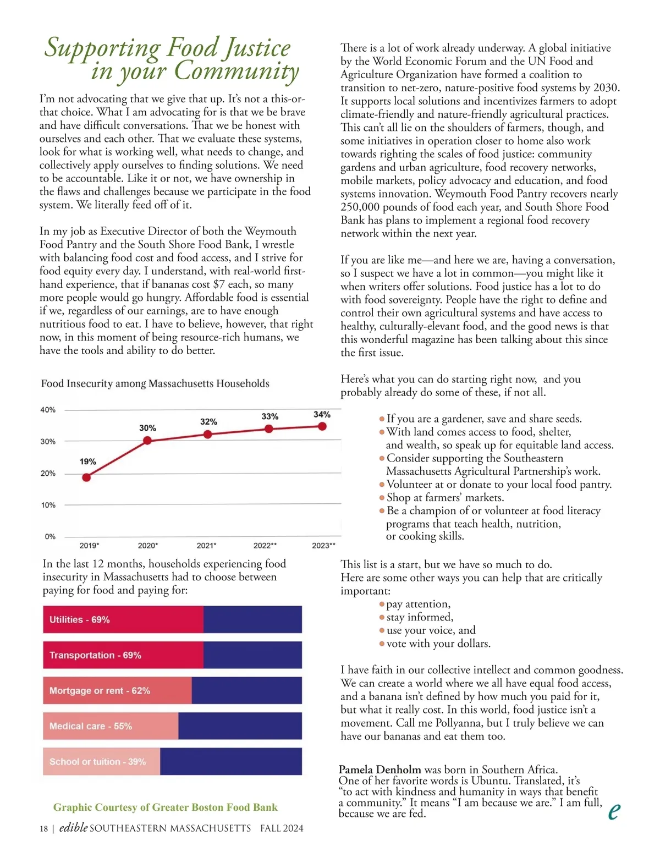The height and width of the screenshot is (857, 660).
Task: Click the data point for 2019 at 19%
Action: [86, 477]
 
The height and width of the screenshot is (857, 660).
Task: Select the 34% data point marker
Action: [322, 426]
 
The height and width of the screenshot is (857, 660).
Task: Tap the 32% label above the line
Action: [208, 422]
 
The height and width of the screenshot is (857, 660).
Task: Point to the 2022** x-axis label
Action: [265, 546]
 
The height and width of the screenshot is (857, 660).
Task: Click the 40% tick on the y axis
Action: [48, 410]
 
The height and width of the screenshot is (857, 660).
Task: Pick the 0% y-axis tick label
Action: [50, 537]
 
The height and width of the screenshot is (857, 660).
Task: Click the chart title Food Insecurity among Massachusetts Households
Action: [155, 383]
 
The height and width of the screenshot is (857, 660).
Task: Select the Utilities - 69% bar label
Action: [80, 620]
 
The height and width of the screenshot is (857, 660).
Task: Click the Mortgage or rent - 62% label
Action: [100, 691]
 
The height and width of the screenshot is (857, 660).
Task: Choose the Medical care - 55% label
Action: [91, 726]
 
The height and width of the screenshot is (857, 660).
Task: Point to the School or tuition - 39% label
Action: [97, 762]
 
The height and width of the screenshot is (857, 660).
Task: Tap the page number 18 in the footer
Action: [43, 829]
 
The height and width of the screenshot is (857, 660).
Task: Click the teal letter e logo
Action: [615, 810]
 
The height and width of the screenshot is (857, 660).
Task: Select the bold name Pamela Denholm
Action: [380, 770]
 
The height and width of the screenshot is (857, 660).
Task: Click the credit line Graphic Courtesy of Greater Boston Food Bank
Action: [165, 807]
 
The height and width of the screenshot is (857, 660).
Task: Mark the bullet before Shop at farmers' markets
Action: [382, 498]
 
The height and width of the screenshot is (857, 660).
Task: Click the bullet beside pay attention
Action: [382, 605]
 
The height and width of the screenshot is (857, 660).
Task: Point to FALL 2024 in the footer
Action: [282, 829]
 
